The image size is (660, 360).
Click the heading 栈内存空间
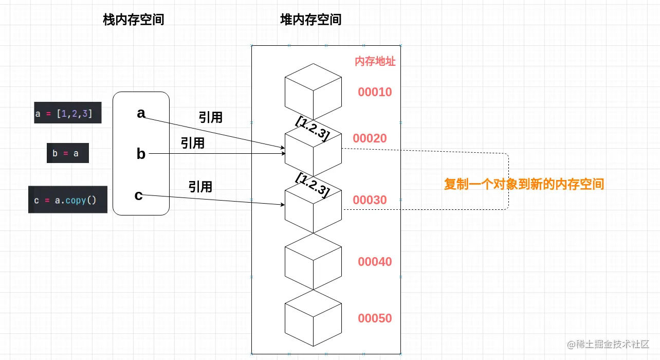coord(134,20)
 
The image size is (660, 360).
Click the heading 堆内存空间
coord(310,20)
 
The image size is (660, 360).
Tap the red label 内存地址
coord(375,62)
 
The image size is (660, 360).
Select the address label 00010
coord(375,93)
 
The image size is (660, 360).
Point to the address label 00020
coord(370,138)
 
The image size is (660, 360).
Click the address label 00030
coord(370,200)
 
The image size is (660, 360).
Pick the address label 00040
coord(375,262)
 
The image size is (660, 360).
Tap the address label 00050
coord(375,318)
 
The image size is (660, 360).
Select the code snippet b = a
coord(67,153)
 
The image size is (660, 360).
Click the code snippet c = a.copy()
coord(67,200)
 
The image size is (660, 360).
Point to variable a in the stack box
coord(141,113)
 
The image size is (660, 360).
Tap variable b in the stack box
coord(141,154)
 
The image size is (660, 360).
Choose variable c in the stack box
coord(138,195)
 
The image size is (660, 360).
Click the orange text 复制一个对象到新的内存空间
coord(524,184)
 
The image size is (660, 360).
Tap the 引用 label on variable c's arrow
coord(200,186)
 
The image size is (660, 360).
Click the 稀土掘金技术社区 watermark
coord(608,344)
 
